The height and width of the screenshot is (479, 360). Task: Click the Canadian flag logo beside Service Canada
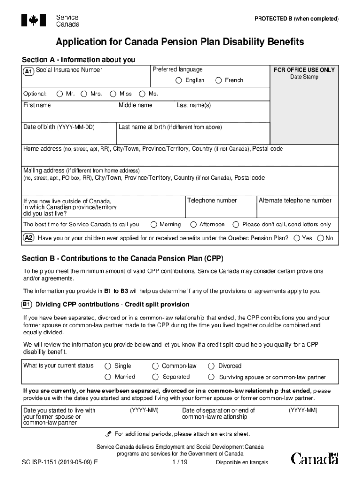point(33,20)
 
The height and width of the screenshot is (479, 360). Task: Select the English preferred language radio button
point(179,80)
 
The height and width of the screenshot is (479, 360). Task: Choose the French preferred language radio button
point(218,80)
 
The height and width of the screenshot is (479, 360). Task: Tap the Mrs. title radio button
point(84,94)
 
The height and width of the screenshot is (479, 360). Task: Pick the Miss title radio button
point(113,94)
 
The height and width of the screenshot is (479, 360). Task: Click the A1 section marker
point(29,72)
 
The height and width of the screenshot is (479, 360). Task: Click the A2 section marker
point(29,238)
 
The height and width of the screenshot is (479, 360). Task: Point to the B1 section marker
point(27,305)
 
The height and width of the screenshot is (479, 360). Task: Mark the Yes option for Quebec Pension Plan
point(296,238)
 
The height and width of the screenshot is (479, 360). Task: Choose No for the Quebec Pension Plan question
point(320,238)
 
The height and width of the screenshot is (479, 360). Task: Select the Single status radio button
point(108,366)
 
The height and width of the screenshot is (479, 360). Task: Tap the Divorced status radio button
point(211,366)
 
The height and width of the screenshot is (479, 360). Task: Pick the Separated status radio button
point(155,377)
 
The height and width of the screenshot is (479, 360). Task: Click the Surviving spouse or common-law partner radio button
point(211,377)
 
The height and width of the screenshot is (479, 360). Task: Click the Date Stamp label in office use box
point(304,77)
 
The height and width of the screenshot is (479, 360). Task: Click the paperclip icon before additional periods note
point(109,434)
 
